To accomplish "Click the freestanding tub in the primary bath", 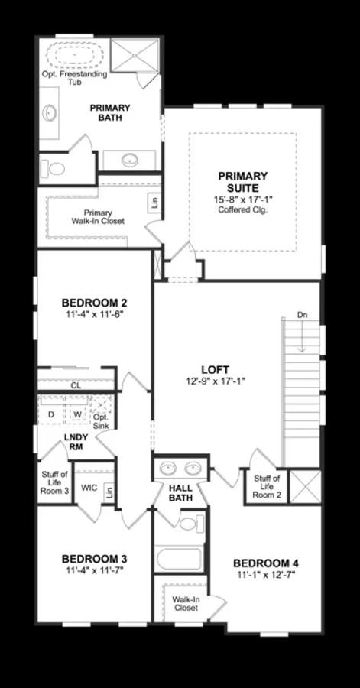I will (75, 56).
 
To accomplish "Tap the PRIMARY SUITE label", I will (242, 181).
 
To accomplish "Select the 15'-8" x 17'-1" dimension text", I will (242, 199).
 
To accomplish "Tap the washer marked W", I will (77, 414).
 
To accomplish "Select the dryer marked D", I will (50, 414).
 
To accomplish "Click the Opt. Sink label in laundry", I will (100, 421).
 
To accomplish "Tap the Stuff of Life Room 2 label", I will (268, 487).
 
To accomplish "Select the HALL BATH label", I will (180, 492).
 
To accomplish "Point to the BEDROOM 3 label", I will (95, 563).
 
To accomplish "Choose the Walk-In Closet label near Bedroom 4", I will (186, 604).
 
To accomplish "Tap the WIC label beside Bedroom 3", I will (89, 487).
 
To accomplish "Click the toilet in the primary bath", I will (56, 167).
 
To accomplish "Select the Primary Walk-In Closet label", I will (98, 217).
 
